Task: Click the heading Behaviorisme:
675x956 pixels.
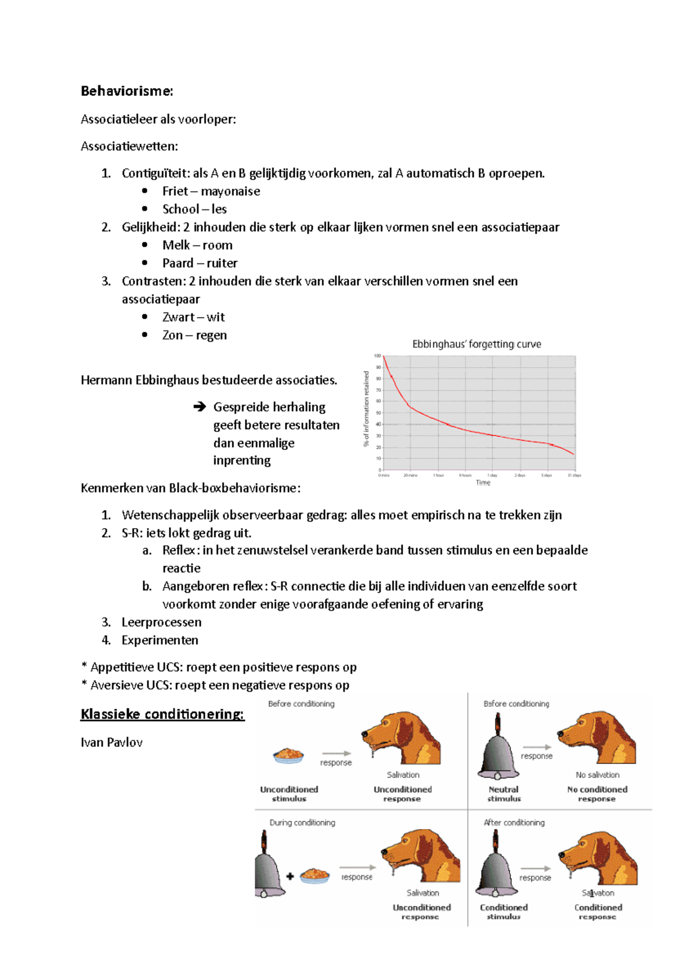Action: tap(127, 91)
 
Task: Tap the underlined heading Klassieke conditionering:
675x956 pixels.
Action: tap(163, 714)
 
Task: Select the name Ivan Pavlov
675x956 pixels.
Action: tap(111, 743)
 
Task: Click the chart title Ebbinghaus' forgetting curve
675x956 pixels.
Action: tap(476, 344)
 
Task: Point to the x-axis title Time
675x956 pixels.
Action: tap(483, 483)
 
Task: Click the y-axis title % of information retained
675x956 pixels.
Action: tap(366, 408)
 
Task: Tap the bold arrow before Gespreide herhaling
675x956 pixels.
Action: tap(199, 406)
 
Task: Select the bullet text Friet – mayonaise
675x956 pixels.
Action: tap(211, 191)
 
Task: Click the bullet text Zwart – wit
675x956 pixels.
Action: tap(193, 318)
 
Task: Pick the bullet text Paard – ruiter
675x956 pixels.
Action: tap(200, 263)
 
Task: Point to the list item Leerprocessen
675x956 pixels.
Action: tap(161, 622)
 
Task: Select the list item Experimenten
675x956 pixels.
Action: tap(160, 640)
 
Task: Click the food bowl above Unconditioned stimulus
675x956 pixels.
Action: tap(289, 755)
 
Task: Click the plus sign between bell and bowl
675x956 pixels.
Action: tap(290, 876)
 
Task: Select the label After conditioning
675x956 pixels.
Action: tap(514, 823)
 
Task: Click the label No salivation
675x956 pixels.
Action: tap(597, 775)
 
